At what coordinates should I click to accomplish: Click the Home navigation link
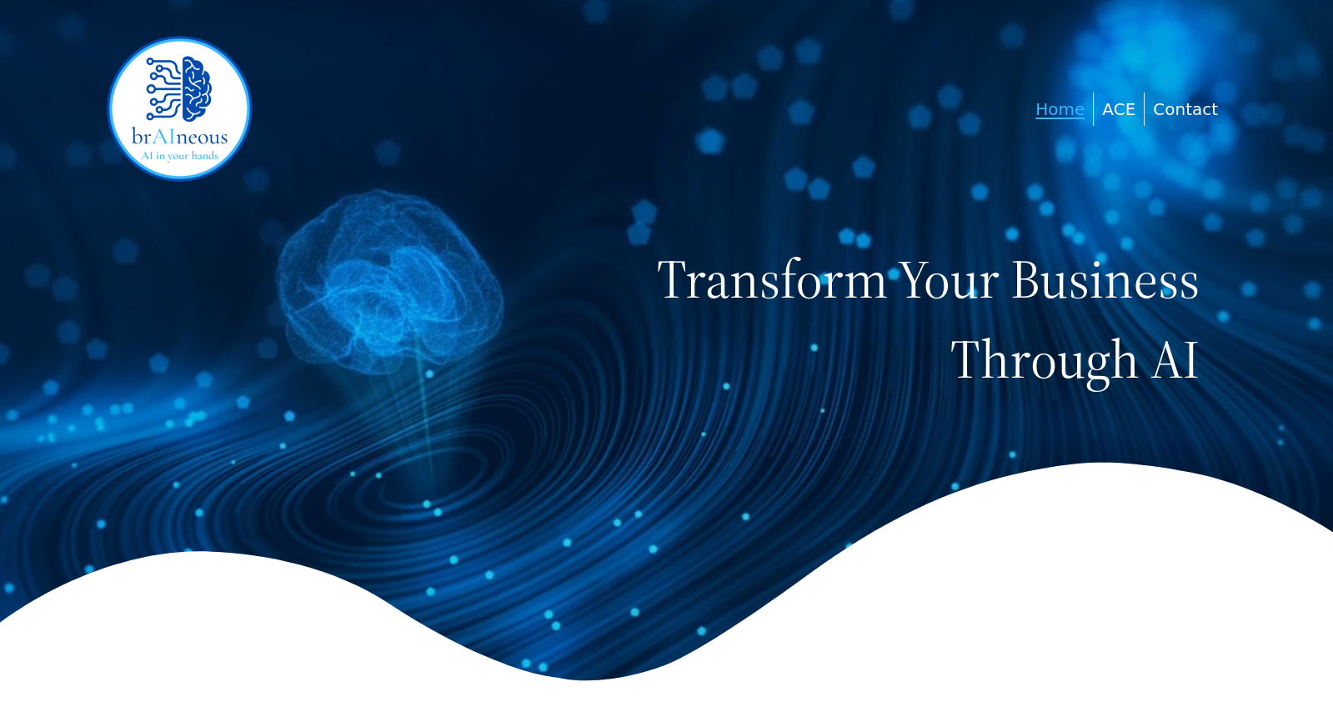[x=1060, y=109]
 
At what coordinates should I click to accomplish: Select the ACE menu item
[x=1119, y=109]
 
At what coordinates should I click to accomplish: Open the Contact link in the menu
[x=1185, y=109]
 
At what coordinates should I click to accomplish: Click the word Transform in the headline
[x=772, y=279]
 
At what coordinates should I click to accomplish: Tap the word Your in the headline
[x=949, y=279]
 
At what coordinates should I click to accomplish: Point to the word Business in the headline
[x=1105, y=279]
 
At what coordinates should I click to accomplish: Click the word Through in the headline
[x=1044, y=360]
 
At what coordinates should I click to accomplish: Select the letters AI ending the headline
[x=1175, y=359]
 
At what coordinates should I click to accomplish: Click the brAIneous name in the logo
[x=180, y=138]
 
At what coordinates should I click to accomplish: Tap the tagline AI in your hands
[x=180, y=156]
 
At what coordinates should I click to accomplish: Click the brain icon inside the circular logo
[x=197, y=88]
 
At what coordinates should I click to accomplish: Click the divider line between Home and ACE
[x=1093, y=109]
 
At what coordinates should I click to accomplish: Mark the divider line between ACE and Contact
[x=1145, y=109]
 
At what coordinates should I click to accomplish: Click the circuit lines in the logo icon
[x=163, y=88]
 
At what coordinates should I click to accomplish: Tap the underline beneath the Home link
[x=1060, y=118]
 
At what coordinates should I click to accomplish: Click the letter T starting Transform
[x=676, y=279]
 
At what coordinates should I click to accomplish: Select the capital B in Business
[x=1026, y=279]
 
